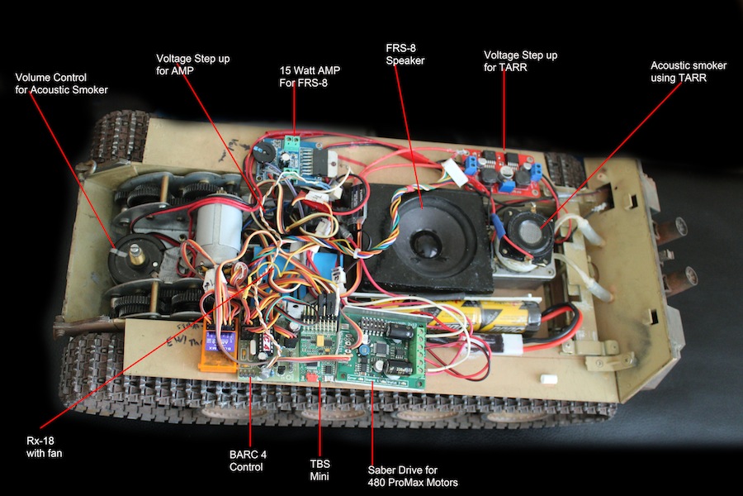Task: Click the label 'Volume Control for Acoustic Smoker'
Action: pyautogui.click(x=61, y=83)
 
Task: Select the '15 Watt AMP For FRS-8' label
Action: pyautogui.click(x=310, y=76)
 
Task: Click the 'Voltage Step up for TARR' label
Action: pyautogui.click(x=520, y=61)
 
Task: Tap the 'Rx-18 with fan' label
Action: pyautogui.click(x=44, y=446)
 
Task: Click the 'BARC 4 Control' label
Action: pyautogui.click(x=248, y=461)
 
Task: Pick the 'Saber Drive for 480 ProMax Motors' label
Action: pyautogui.click(x=413, y=475)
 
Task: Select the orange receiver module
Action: pyautogui.click(x=218, y=351)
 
